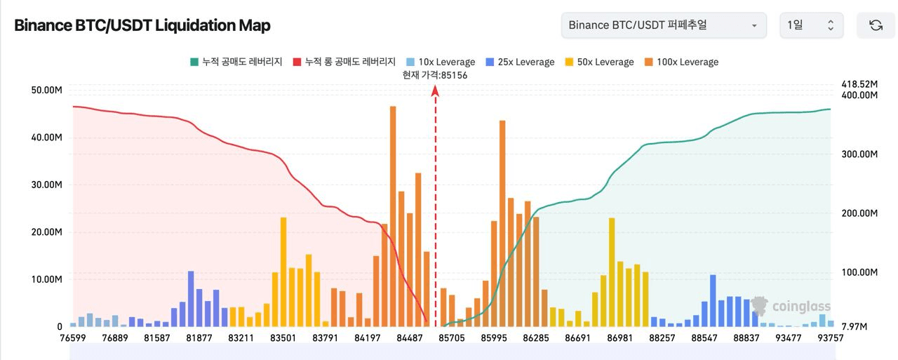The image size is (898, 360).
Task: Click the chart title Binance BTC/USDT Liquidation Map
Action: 142,25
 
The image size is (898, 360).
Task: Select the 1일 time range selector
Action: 810,25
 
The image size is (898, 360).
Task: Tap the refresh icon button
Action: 876,25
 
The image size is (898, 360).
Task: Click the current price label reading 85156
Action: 435,75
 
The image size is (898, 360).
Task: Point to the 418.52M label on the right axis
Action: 859,84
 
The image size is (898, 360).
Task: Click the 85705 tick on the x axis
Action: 452,338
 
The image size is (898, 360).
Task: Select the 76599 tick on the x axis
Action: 73,338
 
